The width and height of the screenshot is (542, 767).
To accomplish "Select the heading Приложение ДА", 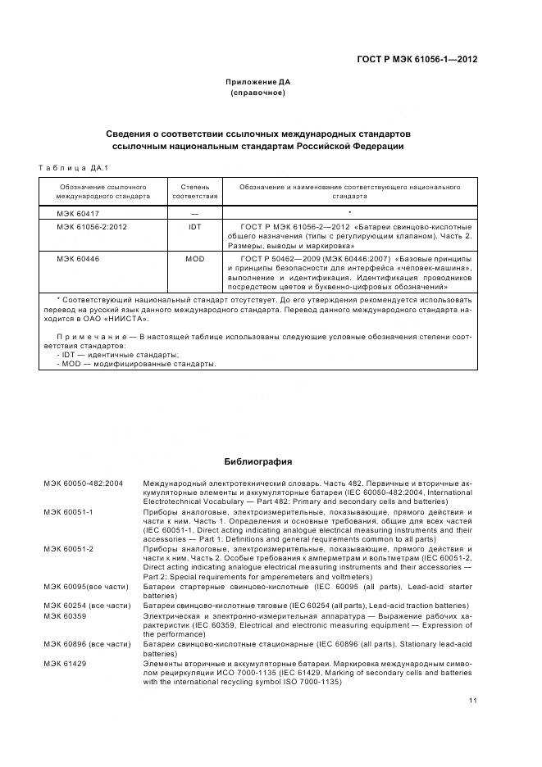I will (258, 82).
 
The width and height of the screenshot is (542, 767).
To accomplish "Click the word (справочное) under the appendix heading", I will (258, 93).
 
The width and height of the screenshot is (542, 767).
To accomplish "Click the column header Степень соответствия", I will (194, 192).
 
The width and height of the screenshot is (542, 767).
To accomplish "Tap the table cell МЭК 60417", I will (75, 212).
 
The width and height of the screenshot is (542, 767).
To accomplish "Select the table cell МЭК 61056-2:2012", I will (90, 226).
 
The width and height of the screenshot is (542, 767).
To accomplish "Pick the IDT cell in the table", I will (194, 226).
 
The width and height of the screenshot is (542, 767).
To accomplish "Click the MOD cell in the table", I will (194, 259).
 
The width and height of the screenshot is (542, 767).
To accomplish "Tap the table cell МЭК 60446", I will (75, 259).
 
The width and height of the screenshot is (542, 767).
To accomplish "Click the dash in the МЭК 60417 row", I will (194, 212).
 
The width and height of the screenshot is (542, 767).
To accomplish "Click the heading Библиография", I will (258, 462).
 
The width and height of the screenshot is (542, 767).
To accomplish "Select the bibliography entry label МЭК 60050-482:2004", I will (83, 484).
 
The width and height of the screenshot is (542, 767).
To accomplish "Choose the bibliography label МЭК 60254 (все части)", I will (87, 605).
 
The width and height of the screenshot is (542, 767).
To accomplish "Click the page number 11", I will (473, 701).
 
